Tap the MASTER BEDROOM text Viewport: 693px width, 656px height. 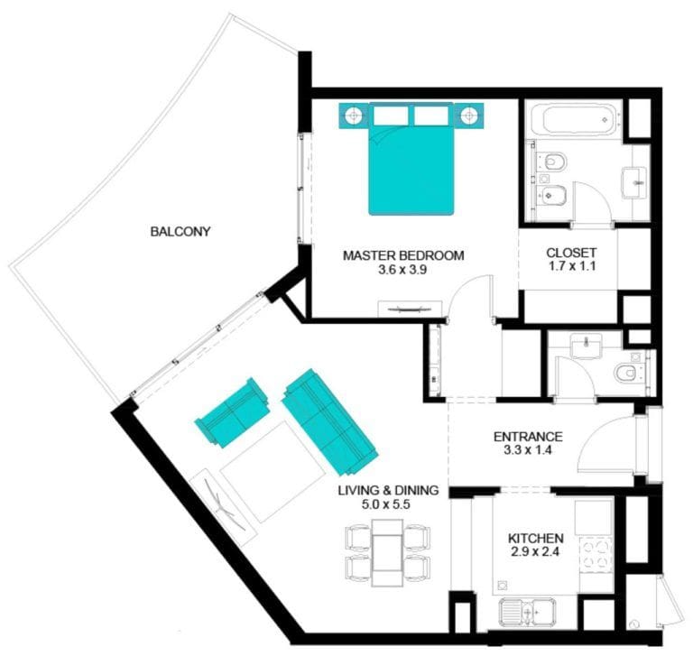403,255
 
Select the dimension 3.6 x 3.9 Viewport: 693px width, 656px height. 403,270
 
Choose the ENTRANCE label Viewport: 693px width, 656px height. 528,436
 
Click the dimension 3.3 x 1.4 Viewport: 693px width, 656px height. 528,450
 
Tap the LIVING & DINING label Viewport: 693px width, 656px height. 388,490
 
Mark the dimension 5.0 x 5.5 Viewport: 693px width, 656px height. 388,504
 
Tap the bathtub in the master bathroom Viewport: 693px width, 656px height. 574,121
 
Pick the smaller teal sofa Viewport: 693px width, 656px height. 233,412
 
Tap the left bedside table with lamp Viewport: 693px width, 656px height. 354,115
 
